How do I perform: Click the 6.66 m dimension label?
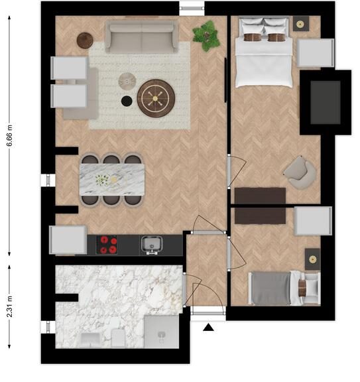coord(9,135)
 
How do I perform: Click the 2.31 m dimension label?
coord(9,306)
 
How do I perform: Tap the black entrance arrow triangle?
coord(208,328)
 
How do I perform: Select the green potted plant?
coord(207,36)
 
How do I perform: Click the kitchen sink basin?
coord(152,244)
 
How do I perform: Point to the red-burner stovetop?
coord(107,245)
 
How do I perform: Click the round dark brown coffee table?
coord(156,98)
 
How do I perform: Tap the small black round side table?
coord(127,101)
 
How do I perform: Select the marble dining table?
coord(112,180)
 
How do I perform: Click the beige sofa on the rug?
coord(141,36)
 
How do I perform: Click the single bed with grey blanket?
coord(284,288)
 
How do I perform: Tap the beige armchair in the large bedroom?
coord(300,172)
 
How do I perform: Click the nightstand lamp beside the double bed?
coord(300,24)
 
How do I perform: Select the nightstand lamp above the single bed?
coord(312,259)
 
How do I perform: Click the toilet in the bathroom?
coord(119,338)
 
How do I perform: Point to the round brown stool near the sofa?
coord(85,40)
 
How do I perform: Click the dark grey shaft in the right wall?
coord(326,103)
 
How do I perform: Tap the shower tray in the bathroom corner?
coord(162,332)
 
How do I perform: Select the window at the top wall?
coord(192,8)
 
